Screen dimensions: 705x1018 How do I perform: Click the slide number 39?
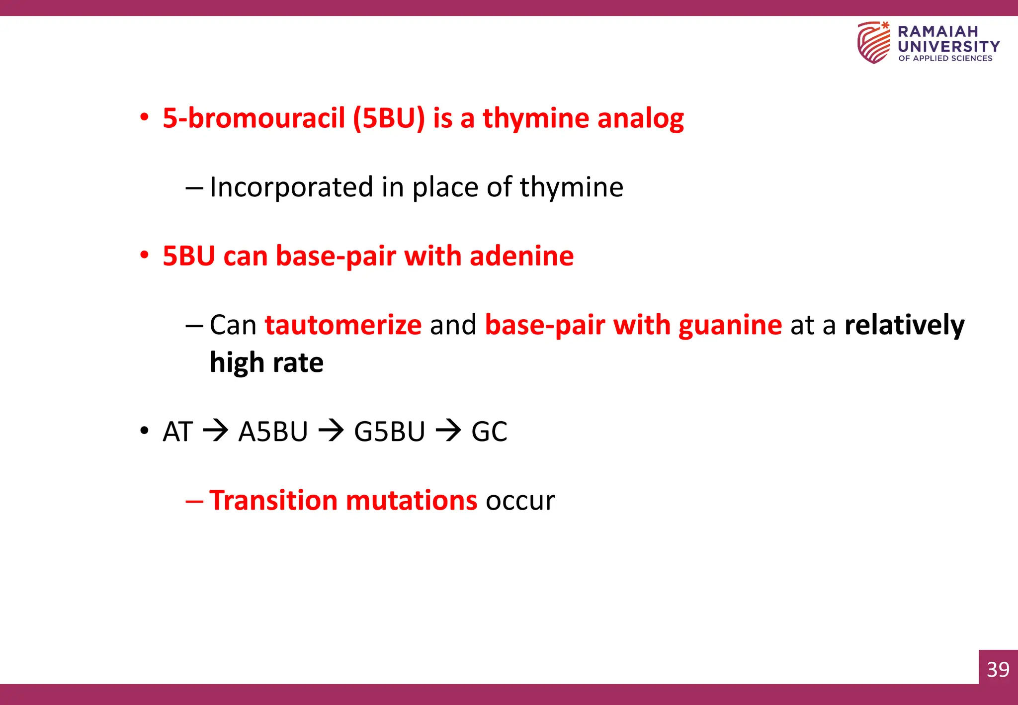pyautogui.click(x=998, y=669)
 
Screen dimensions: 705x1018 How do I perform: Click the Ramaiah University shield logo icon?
pyautogui.click(x=874, y=43)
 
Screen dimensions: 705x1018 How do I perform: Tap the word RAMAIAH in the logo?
pyautogui.click(x=937, y=31)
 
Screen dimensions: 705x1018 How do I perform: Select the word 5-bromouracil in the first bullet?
pyautogui.click(x=254, y=118)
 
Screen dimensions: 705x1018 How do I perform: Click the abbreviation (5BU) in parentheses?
pyautogui.click(x=389, y=118)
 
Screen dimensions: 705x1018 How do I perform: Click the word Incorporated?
pyautogui.click(x=291, y=187)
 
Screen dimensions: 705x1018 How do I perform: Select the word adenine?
pyautogui.click(x=521, y=256)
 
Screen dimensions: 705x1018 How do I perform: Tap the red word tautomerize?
pyautogui.click(x=343, y=325)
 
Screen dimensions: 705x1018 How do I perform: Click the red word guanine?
pyautogui.click(x=730, y=326)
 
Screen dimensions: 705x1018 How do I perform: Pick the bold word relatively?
pyautogui.click(x=904, y=325)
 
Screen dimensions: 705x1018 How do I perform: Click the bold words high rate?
pyautogui.click(x=266, y=362)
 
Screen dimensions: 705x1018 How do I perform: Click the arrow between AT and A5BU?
pyautogui.click(x=215, y=431)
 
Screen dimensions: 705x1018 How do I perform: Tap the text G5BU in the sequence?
pyautogui.click(x=389, y=432)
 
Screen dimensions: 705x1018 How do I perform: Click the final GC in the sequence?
pyautogui.click(x=489, y=432)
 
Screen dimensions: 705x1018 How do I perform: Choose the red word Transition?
pyautogui.click(x=273, y=500)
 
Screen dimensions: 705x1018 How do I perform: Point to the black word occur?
pyautogui.click(x=520, y=501)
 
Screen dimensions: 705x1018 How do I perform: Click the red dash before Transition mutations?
pyautogui.click(x=194, y=501)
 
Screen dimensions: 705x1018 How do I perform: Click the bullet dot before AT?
pyautogui.click(x=144, y=431)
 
